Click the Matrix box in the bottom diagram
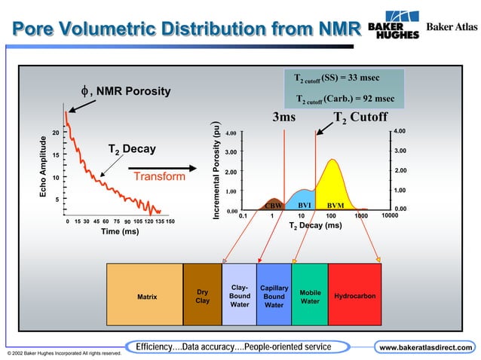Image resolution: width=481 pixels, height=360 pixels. click(x=146, y=297)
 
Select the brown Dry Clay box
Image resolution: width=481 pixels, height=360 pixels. click(x=202, y=297)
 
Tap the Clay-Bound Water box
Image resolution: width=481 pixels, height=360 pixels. click(x=239, y=296)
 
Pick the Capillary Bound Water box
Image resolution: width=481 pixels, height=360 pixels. click(x=274, y=296)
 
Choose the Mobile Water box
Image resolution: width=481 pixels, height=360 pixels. click(x=310, y=296)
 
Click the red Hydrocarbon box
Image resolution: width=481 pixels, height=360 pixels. click(x=354, y=296)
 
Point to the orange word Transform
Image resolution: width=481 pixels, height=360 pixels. click(x=159, y=176)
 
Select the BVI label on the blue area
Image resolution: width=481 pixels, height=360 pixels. click(x=305, y=204)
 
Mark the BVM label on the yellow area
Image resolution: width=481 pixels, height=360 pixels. click(x=335, y=205)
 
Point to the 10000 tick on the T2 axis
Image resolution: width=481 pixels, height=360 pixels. click(x=391, y=215)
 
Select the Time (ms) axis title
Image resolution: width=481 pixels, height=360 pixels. click(x=120, y=231)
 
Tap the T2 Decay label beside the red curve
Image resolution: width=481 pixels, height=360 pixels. click(x=132, y=149)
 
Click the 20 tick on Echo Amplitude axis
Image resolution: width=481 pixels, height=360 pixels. click(x=56, y=133)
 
